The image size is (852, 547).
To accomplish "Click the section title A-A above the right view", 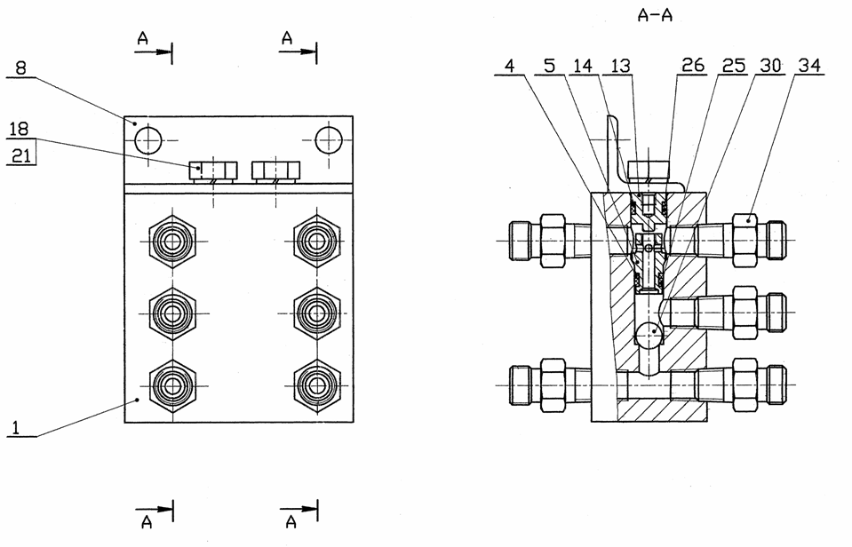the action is tap(655, 15).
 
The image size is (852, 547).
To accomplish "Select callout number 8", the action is tap(20, 68).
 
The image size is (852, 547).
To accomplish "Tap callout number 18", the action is tap(19, 130).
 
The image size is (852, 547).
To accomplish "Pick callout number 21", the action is tap(21, 156).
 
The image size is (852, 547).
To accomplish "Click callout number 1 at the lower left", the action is tap(16, 427).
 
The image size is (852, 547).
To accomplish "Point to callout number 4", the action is tap(509, 67).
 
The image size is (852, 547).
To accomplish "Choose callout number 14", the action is tap(583, 67).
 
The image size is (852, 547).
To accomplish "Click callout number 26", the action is tap(693, 66).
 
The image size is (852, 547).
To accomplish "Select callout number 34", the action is tap(809, 66).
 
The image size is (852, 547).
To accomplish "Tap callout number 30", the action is tap(770, 66).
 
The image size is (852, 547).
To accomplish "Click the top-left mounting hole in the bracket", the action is tap(148, 140).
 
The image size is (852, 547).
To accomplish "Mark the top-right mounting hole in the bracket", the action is tap(329, 140).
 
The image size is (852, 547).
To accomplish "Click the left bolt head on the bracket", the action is tap(212, 171).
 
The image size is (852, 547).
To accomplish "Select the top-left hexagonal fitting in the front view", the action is tap(172, 242).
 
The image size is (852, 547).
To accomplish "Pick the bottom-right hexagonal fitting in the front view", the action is tap(317, 385).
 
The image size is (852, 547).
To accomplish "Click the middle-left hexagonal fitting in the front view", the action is tap(172, 313).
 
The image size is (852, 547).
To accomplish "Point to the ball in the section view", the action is tap(649, 334).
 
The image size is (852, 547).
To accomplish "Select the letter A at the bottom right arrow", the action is tap(291, 522).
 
